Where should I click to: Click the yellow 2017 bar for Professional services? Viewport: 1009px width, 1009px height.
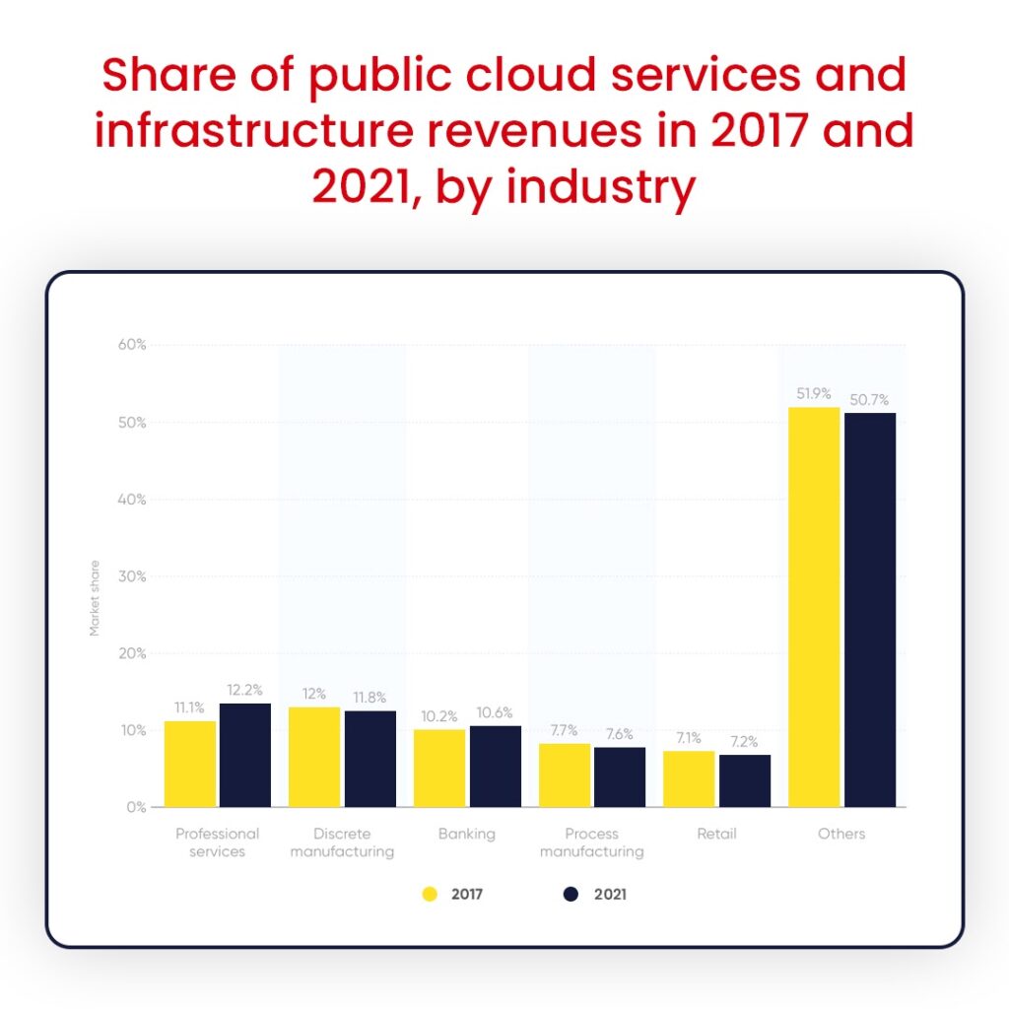(x=190, y=764)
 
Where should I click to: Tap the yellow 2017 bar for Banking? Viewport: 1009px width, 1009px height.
(x=439, y=768)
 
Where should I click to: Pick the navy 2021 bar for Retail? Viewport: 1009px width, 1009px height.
(x=745, y=780)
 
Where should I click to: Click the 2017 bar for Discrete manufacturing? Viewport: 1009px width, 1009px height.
(x=314, y=757)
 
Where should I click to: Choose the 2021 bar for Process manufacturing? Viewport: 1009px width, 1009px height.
(x=620, y=776)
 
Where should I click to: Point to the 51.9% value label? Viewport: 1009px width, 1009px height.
(x=815, y=394)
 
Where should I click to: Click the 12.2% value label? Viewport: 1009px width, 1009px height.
(x=245, y=690)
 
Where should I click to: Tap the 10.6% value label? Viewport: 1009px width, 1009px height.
(x=495, y=712)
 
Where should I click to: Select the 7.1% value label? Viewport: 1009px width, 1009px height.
(x=689, y=738)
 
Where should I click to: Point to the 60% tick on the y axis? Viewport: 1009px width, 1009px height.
(x=133, y=345)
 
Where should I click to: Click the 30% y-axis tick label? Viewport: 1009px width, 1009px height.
(x=133, y=576)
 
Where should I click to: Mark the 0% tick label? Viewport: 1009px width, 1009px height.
(x=137, y=807)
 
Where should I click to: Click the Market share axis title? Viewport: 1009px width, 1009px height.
(x=96, y=599)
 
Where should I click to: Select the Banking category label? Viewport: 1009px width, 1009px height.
(x=467, y=834)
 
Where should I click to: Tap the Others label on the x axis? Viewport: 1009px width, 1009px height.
(x=841, y=834)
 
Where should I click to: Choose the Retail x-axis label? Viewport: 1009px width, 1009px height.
(x=715, y=834)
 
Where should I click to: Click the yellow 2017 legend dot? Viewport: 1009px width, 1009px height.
(x=430, y=895)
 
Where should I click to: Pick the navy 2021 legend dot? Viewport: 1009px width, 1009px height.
(x=571, y=895)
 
